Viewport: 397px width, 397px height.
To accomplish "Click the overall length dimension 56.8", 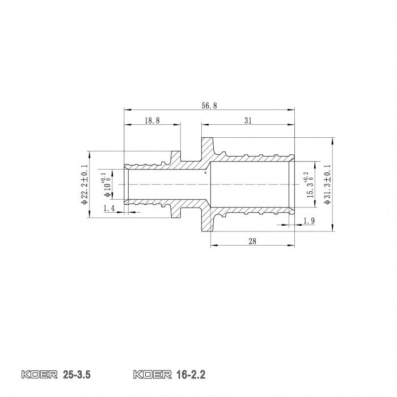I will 210,105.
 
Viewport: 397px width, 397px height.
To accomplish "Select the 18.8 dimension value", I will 151,121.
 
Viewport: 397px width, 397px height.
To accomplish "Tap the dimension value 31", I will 247,121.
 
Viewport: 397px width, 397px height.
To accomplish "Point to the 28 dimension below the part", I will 252,241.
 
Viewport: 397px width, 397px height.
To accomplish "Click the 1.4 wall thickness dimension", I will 109,209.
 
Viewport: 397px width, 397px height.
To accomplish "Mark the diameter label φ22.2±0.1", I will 85,184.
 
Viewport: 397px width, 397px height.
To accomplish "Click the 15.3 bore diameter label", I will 309,184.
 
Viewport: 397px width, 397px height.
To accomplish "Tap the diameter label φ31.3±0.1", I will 327,184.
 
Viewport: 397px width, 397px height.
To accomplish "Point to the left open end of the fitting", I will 125,184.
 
